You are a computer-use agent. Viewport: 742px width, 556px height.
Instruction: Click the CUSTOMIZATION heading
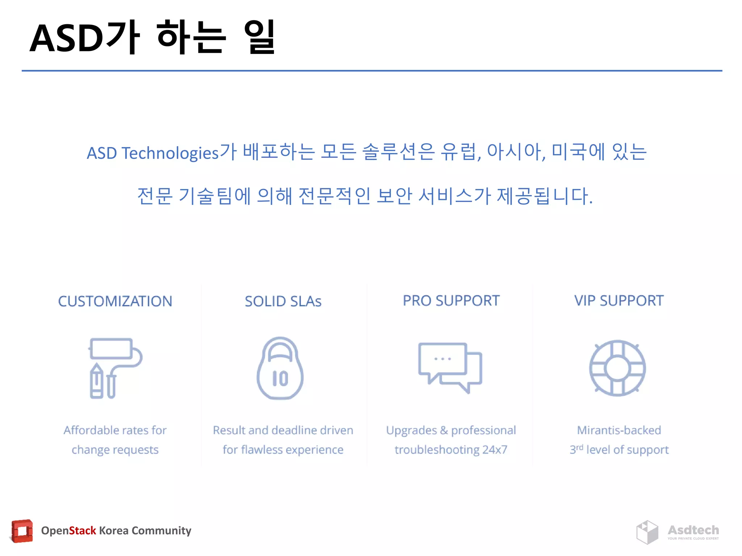click(x=115, y=301)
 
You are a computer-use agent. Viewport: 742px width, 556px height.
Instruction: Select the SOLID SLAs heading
click(x=283, y=301)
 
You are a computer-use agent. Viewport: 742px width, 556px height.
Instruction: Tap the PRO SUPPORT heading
click(x=451, y=300)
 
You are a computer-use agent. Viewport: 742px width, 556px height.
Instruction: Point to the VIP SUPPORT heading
click(x=619, y=300)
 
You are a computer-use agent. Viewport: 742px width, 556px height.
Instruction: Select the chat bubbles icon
click(x=450, y=367)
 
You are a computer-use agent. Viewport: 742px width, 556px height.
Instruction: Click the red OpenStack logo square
click(x=22, y=531)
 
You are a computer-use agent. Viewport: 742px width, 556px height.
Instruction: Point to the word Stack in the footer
click(x=82, y=531)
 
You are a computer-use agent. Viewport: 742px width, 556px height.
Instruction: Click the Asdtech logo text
click(x=693, y=530)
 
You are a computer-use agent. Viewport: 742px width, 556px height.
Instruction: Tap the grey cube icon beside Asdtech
click(x=647, y=532)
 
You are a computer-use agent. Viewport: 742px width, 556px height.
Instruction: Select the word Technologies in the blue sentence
click(x=170, y=153)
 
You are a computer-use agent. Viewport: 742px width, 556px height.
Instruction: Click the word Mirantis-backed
click(x=619, y=430)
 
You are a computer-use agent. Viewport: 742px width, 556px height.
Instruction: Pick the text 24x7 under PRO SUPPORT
click(x=495, y=450)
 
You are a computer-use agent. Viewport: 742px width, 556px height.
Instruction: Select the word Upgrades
click(x=411, y=430)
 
